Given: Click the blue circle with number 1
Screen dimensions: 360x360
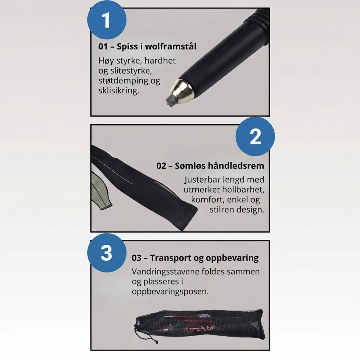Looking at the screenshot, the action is [107, 20].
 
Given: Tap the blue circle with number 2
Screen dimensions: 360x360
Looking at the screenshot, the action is [255, 137].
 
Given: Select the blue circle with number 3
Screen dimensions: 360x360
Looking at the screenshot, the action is [107, 253].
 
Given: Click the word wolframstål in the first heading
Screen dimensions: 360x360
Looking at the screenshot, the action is [170, 46].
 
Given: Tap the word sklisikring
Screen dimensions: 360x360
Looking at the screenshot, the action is [119, 91].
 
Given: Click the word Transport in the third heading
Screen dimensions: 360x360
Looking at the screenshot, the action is [170, 258].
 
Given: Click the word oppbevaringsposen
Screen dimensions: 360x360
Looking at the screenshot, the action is [170, 292].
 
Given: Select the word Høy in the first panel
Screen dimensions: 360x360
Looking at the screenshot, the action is [106, 61].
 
